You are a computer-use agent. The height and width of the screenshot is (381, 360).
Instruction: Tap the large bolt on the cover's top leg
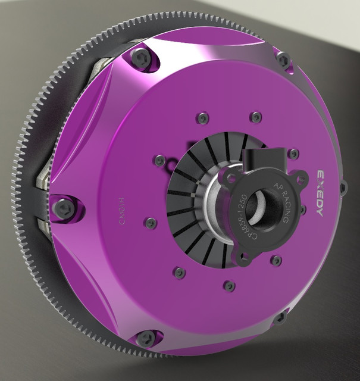click(141, 57)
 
